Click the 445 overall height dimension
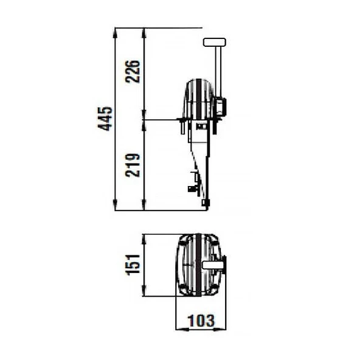click(x=105, y=119)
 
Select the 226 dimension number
click(x=133, y=71)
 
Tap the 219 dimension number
click(x=133, y=165)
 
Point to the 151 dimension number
click(x=133, y=265)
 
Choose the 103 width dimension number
click(x=201, y=320)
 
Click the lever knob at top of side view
click(x=215, y=42)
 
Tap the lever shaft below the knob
click(x=218, y=72)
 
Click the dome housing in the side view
click(x=198, y=99)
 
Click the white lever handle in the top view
click(x=213, y=265)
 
